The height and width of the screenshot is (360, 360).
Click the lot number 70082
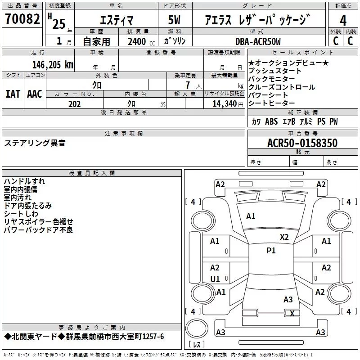point(22,19)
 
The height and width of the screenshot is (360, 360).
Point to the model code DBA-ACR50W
point(258,41)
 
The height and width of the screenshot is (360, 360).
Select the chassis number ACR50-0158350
point(302,143)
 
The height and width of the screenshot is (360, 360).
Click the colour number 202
point(74,104)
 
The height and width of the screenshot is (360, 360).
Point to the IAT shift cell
point(13,94)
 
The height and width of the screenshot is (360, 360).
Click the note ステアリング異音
point(35,143)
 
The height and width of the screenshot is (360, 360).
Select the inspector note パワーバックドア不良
point(38,230)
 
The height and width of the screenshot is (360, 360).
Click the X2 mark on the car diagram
point(284,237)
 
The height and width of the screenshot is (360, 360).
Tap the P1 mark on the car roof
point(271,251)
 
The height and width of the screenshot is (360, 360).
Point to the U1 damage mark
point(215,279)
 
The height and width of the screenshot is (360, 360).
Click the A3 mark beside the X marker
point(288,300)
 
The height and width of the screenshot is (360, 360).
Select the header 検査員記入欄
point(92,173)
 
